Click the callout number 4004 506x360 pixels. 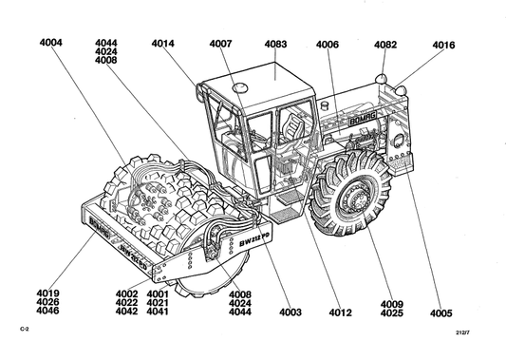tap(51, 43)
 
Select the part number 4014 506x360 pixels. tap(163, 44)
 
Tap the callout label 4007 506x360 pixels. tap(221, 44)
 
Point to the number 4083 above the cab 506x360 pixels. tap(275, 44)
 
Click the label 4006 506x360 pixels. tap(328, 45)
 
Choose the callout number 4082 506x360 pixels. tap(385, 45)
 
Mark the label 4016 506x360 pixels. tap(443, 46)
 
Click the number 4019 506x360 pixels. tap(47, 294)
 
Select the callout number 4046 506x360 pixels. tap(47, 311)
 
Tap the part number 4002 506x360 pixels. tap(127, 294)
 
